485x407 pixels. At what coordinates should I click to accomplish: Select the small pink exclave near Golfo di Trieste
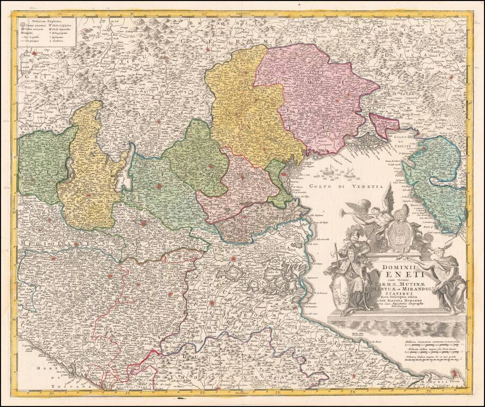[385, 124]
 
